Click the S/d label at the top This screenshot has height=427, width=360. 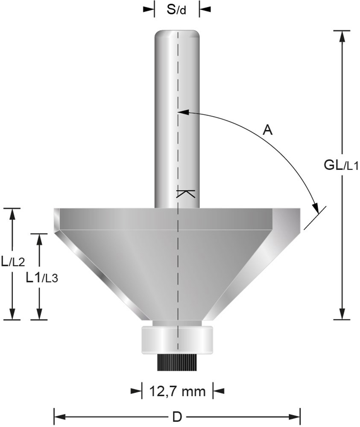(x=176, y=9)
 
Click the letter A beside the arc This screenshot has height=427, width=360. (x=267, y=130)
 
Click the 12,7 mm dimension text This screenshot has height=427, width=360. (x=177, y=390)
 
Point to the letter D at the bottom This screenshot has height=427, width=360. (x=176, y=415)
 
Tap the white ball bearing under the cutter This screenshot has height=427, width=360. (x=176, y=340)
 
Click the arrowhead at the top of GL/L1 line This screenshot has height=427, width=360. (x=341, y=36)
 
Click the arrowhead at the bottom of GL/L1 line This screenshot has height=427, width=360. (x=341, y=314)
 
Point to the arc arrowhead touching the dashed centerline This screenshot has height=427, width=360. (x=182, y=112)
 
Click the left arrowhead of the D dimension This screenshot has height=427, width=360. (x=59, y=415)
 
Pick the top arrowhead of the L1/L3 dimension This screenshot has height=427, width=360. (x=40, y=239)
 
